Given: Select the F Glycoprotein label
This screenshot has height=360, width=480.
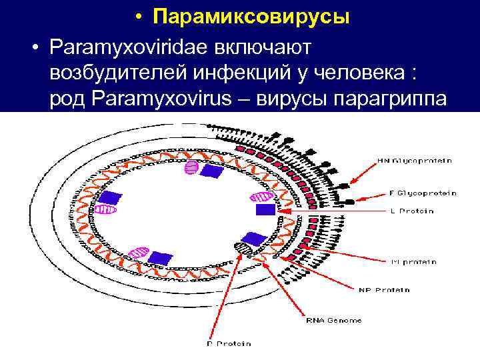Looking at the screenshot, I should coord(423,193).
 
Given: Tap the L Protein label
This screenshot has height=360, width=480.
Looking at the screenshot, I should coord(411,211).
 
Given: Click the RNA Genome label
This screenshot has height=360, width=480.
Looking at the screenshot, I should coord(333,321).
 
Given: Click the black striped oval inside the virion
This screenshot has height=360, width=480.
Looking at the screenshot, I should coord(244,249).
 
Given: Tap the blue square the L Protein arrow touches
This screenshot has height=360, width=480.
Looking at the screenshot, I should coord(265,210).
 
